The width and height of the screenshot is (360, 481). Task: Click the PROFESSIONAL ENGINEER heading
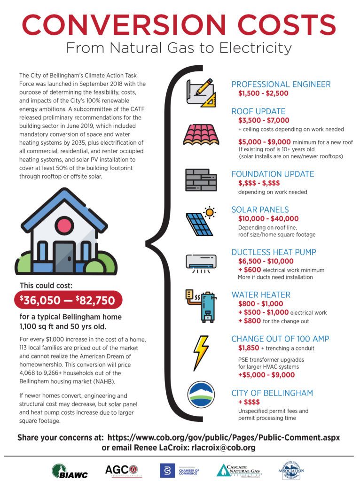click(x=281, y=85)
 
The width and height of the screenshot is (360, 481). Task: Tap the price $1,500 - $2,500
click(x=263, y=93)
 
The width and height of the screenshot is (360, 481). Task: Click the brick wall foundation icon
click(x=201, y=179)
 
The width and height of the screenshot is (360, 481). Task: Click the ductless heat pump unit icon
click(x=201, y=262)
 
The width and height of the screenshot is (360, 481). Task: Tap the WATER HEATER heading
click(x=261, y=295)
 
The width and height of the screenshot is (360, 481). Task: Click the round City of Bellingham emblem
click(x=201, y=395)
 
